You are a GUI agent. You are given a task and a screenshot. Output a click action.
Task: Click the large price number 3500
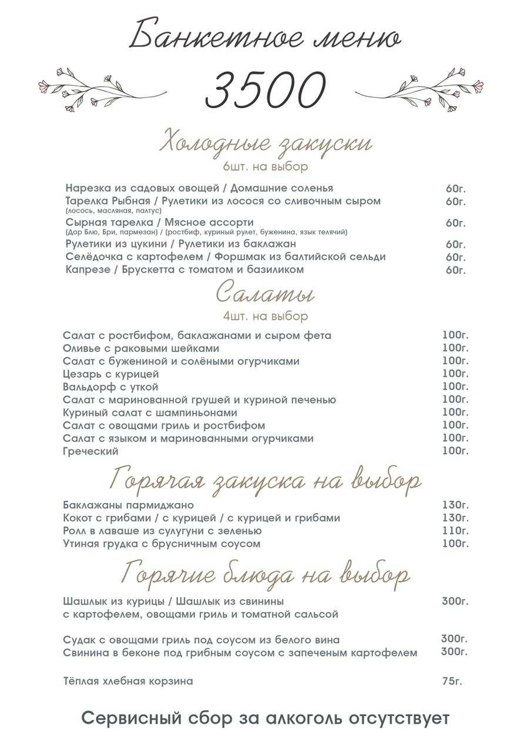265,90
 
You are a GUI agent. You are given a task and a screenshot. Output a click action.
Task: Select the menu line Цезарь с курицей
111,374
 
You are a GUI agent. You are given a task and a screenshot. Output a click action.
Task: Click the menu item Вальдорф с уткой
110,387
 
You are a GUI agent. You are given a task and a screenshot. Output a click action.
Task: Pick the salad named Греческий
91,451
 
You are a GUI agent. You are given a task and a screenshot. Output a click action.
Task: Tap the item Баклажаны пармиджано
128,505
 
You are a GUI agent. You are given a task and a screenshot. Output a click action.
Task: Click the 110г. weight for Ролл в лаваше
455,531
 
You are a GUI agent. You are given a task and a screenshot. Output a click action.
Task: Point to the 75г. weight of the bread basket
452,681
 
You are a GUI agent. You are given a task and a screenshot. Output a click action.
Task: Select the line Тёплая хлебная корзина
128,681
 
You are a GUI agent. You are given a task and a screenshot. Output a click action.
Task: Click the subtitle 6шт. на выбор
265,167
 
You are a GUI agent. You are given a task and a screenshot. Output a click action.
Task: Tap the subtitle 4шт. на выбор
265,316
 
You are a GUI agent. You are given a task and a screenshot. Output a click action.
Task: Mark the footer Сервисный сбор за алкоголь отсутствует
265,719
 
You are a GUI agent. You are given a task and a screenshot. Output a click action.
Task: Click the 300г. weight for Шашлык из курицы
455,601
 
